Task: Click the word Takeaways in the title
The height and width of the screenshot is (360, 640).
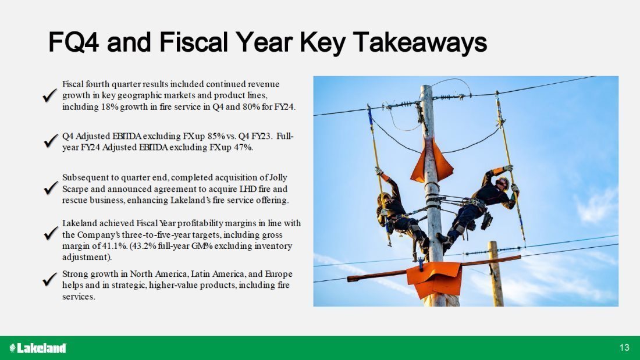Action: (x=419, y=42)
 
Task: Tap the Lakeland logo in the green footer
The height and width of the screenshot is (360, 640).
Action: (x=38, y=348)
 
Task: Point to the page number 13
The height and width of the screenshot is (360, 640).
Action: (x=624, y=347)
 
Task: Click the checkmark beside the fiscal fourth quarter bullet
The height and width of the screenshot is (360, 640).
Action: (x=50, y=95)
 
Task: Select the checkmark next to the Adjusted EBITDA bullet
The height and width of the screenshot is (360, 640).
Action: (x=51, y=141)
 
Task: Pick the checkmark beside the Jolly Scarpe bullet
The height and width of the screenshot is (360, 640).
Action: (x=51, y=188)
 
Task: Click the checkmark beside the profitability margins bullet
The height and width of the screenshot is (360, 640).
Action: (x=51, y=233)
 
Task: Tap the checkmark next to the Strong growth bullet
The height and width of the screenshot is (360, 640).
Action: (x=50, y=280)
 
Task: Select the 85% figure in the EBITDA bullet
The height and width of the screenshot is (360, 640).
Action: (x=215, y=136)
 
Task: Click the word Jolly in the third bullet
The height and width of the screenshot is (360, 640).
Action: (x=278, y=177)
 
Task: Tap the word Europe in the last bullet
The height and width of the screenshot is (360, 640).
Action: (x=279, y=273)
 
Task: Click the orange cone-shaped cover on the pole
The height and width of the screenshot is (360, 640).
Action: (x=432, y=161)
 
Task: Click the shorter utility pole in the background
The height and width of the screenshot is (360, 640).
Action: (x=496, y=273)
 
